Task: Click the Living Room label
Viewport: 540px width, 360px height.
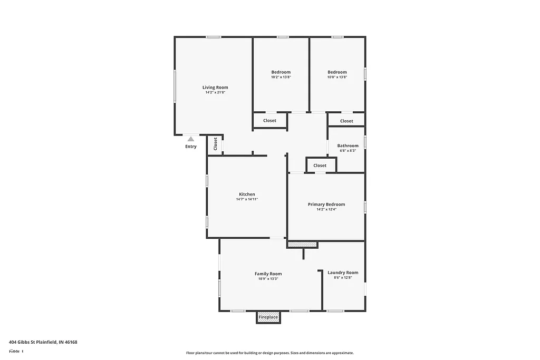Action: tap(215, 87)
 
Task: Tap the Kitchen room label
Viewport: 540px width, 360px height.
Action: tap(247, 194)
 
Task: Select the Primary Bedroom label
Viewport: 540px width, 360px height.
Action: tap(326, 205)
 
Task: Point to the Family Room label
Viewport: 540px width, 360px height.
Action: tap(268, 274)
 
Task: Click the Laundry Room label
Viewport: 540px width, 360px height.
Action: tap(343, 273)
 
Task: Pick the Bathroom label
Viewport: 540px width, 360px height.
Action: tap(348, 145)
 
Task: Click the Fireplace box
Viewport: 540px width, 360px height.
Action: tap(268, 317)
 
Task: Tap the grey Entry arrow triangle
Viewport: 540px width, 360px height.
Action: tap(191, 139)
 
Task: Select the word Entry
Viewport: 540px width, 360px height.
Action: tap(191, 147)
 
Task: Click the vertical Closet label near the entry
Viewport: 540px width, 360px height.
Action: tap(216, 144)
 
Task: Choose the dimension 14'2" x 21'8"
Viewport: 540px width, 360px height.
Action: tap(215, 93)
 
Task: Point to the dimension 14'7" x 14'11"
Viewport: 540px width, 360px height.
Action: tap(247, 199)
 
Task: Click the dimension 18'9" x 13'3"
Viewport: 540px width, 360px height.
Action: tap(268, 279)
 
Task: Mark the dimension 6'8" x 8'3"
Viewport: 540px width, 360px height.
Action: tap(348, 151)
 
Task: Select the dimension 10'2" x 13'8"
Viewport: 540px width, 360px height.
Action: tap(281, 77)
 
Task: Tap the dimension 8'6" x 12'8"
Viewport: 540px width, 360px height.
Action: tap(343, 278)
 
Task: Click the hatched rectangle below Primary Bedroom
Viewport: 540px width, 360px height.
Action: tap(303, 245)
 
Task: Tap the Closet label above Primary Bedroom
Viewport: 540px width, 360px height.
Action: tap(320, 166)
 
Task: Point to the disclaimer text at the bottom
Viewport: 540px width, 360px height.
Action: tap(269, 353)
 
